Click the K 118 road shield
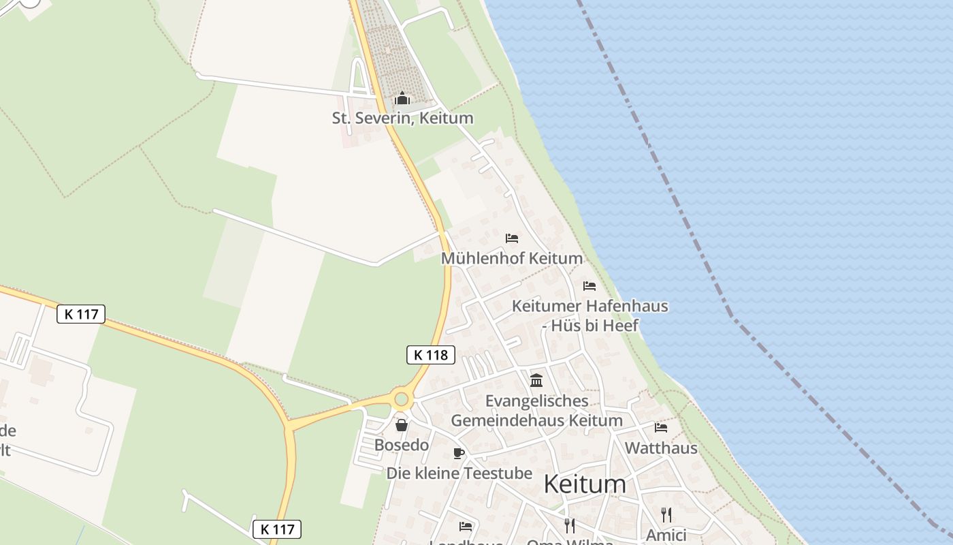tap(431, 354)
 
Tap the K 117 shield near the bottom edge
tap(276, 529)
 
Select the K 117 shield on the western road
tap(81, 314)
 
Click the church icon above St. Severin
tap(402, 99)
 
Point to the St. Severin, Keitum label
tap(402, 118)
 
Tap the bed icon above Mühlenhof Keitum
tap(512, 238)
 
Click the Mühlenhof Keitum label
tap(512, 258)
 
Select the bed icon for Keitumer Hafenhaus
tap(589, 286)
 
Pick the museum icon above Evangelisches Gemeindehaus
tap(536, 380)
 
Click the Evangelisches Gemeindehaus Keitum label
tap(536, 410)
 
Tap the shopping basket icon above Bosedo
tap(402, 425)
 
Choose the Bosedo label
tap(402, 445)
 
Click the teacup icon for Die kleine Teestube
tap(459, 453)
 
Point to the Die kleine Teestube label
tap(459, 473)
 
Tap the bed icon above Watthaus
tap(660, 428)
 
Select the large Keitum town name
tap(585, 484)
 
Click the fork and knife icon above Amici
tap(666, 515)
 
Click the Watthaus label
tap(660, 448)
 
